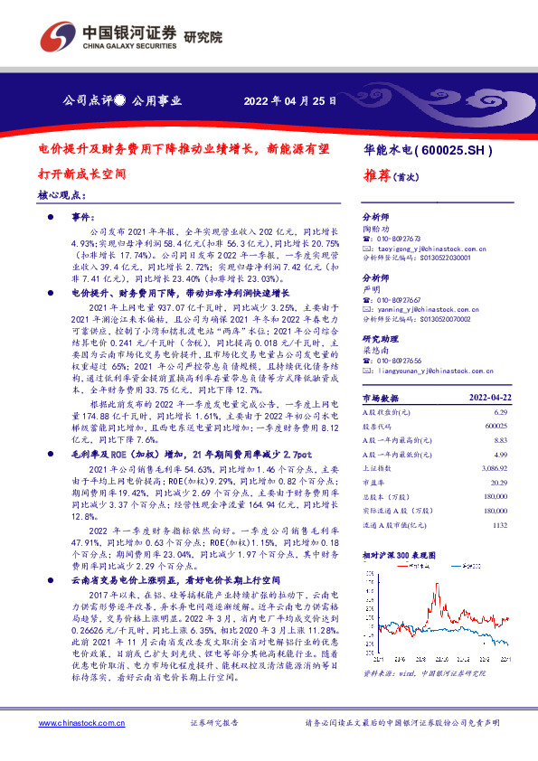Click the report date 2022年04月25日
pos(290,99)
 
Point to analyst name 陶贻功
pos(377,230)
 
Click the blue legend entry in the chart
pos(470,567)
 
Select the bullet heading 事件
pos(83,218)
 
